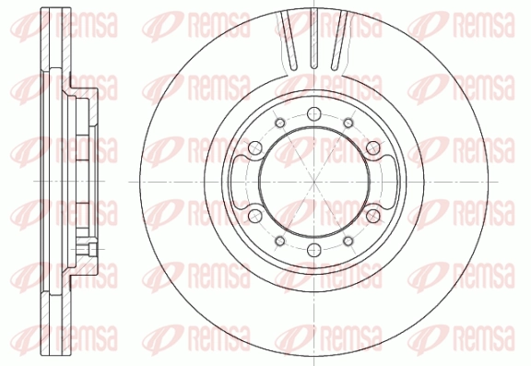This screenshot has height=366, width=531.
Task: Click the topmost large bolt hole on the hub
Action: (314, 113)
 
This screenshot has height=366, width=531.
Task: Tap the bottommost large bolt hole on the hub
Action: (314, 250)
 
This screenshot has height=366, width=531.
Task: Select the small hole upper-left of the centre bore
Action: (279, 123)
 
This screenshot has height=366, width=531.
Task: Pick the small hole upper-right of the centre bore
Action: (348, 123)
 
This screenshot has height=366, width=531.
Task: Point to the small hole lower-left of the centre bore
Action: (279, 241)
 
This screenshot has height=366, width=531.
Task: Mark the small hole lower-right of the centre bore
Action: (348, 241)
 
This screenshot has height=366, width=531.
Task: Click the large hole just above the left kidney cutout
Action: (255, 148)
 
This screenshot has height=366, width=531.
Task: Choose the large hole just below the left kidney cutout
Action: (255, 216)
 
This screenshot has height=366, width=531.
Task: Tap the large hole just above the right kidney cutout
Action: (372, 148)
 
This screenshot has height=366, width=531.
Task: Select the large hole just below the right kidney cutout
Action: (372, 216)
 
